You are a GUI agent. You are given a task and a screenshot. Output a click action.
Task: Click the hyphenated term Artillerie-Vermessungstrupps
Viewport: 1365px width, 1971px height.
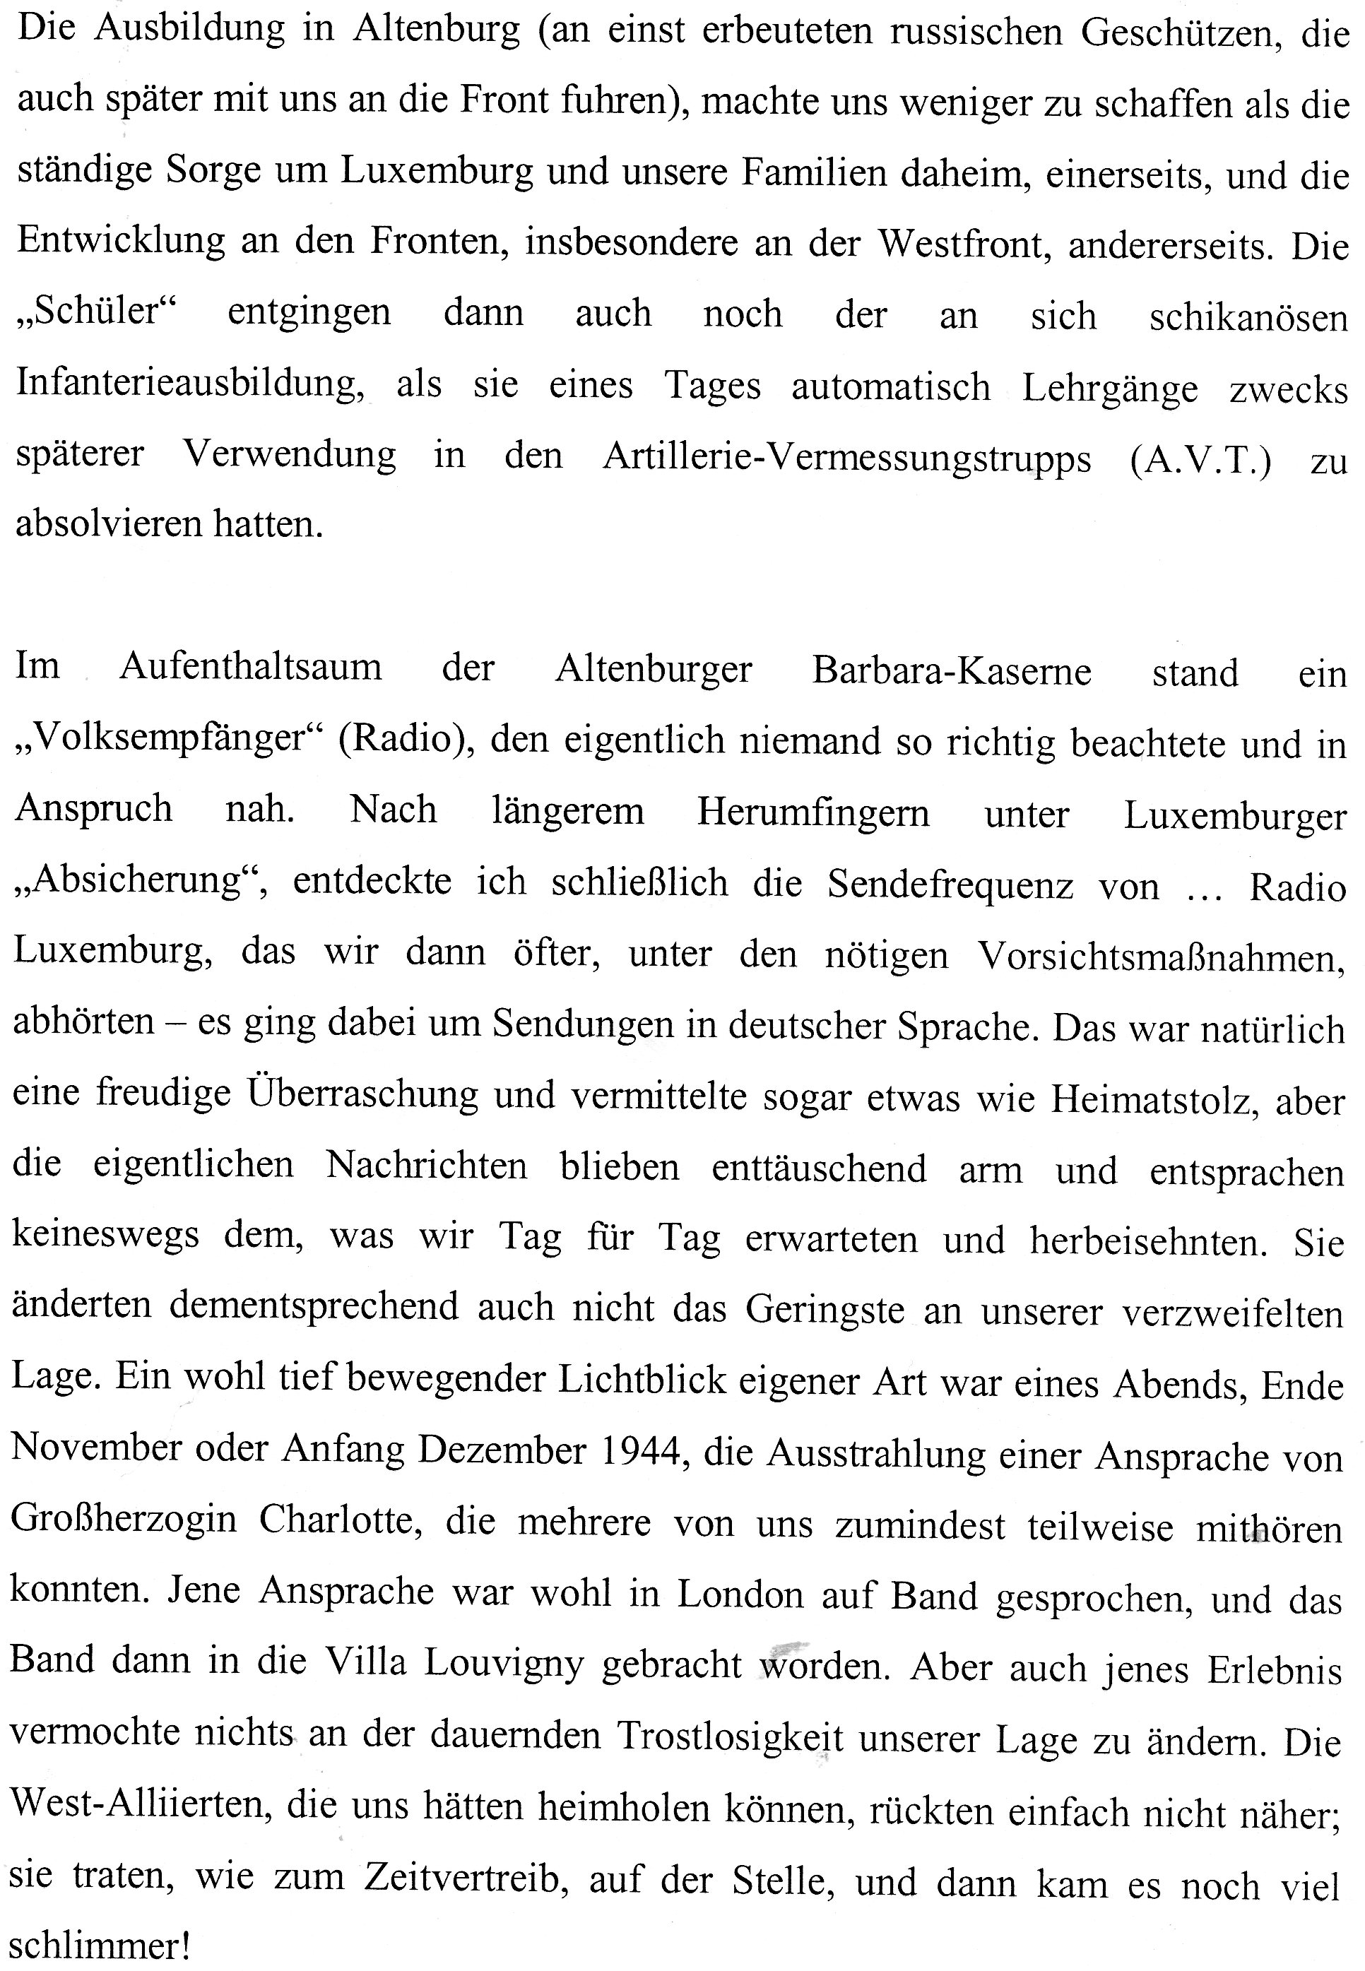point(846,458)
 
